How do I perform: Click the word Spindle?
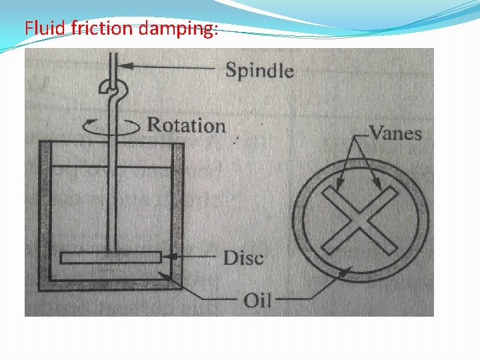(x=259, y=69)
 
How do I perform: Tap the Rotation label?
(x=186, y=125)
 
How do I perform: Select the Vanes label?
(x=395, y=133)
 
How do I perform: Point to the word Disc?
(x=243, y=258)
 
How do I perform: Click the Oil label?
(x=257, y=299)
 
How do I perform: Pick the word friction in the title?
(x=100, y=29)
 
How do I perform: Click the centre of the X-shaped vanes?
(x=361, y=221)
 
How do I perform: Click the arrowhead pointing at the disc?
(x=167, y=257)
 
